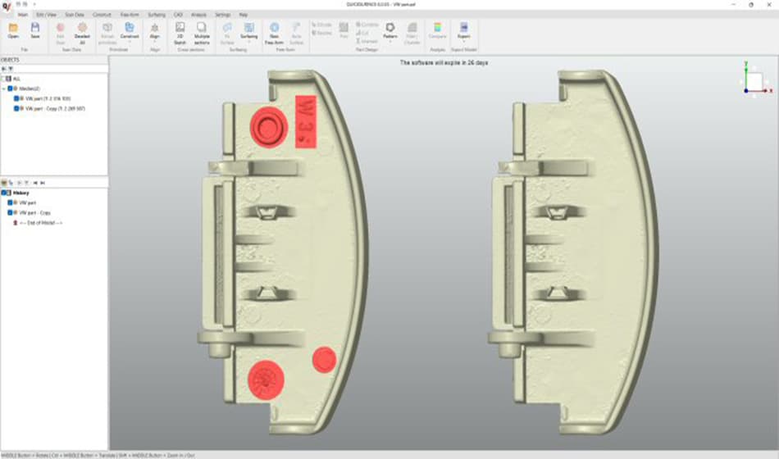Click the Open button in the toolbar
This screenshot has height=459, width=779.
pyautogui.click(x=12, y=31)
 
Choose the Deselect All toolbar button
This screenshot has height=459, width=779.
pyautogui.click(x=82, y=31)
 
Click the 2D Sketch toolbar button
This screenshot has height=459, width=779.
pyautogui.click(x=180, y=31)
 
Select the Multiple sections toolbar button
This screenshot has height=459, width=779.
pyautogui.click(x=201, y=31)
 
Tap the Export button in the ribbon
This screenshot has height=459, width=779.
pyautogui.click(x=464, y=31)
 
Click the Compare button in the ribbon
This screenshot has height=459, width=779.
pyautogui.click(x=437, y=31)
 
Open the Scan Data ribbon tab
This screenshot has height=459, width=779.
pyautogui.click(x=75, y=15)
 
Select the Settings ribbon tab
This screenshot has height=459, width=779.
pyautogui.click(x=222, y=15)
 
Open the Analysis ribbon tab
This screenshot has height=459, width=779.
pyautogui.click(x=198, y=15)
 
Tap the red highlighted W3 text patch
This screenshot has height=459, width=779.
pyautogui.click(x=306, y=121)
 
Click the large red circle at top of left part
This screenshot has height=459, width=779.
pyautogui.click(x=268, y=125)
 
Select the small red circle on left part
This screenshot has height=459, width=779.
pyautogui.click(x=324, y=359)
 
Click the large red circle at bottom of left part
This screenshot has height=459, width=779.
pyautogui.click(x=265, y=378)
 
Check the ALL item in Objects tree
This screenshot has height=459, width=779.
pyautogui.click(x=16, y=79)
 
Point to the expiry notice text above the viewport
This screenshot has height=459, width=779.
pyautogui.click(x=444, y=62)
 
